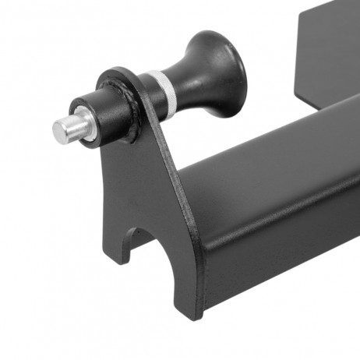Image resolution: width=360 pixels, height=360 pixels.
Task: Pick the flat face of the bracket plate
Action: coord(136,179)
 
